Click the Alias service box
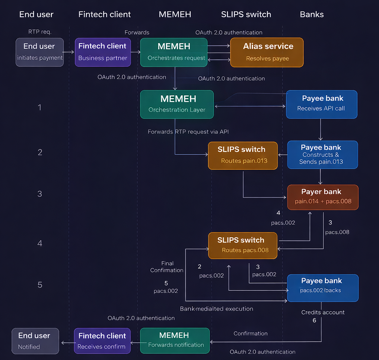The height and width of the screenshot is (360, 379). pos(267,52)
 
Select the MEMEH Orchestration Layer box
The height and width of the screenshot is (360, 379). pos(177,104)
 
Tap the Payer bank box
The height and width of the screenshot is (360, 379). pos(322,197)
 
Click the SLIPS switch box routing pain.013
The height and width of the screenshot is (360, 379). pos(243,155)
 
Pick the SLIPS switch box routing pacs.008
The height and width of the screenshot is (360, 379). pos(243,245)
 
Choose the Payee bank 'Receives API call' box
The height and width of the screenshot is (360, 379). pos(321,104)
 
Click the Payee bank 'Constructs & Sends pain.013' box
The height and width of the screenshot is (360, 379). pos(322,155)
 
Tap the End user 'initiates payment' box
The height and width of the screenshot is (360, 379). pos(39,52)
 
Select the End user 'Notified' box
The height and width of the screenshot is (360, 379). pos(35,341)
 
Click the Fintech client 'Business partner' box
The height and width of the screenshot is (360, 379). pos(102,52)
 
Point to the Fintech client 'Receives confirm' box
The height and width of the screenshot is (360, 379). pos(102,341)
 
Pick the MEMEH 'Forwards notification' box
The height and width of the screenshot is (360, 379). pos(175,340)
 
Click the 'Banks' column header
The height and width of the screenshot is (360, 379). pos(312,15)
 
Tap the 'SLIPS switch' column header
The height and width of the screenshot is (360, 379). pos(246,15)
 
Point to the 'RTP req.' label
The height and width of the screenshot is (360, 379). pos(40,32)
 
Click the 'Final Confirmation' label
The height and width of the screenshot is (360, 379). pos(167,267)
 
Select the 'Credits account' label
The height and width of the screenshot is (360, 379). pos(323,312)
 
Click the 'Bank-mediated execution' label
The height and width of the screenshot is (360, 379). pos(216,309)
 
